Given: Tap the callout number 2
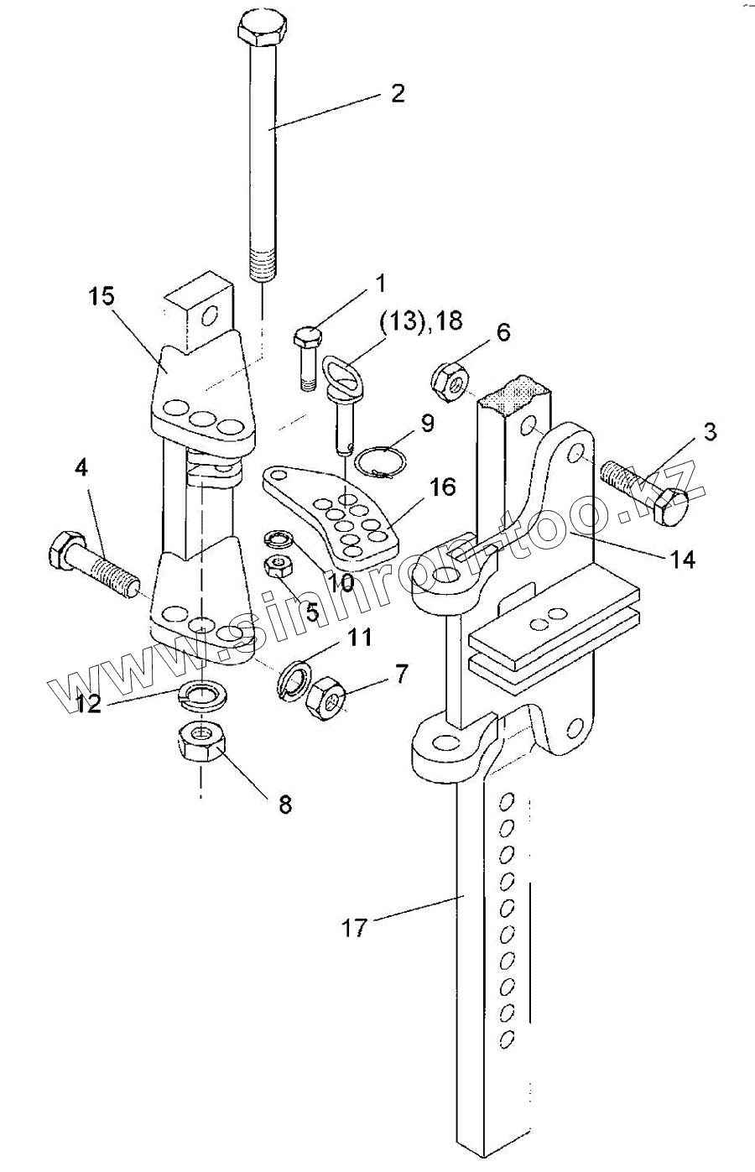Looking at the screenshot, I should point(397,92).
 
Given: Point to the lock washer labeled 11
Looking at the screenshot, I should point(292,677).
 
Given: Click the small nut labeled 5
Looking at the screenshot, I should point(278,567).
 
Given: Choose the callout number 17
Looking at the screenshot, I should point(355,928).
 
